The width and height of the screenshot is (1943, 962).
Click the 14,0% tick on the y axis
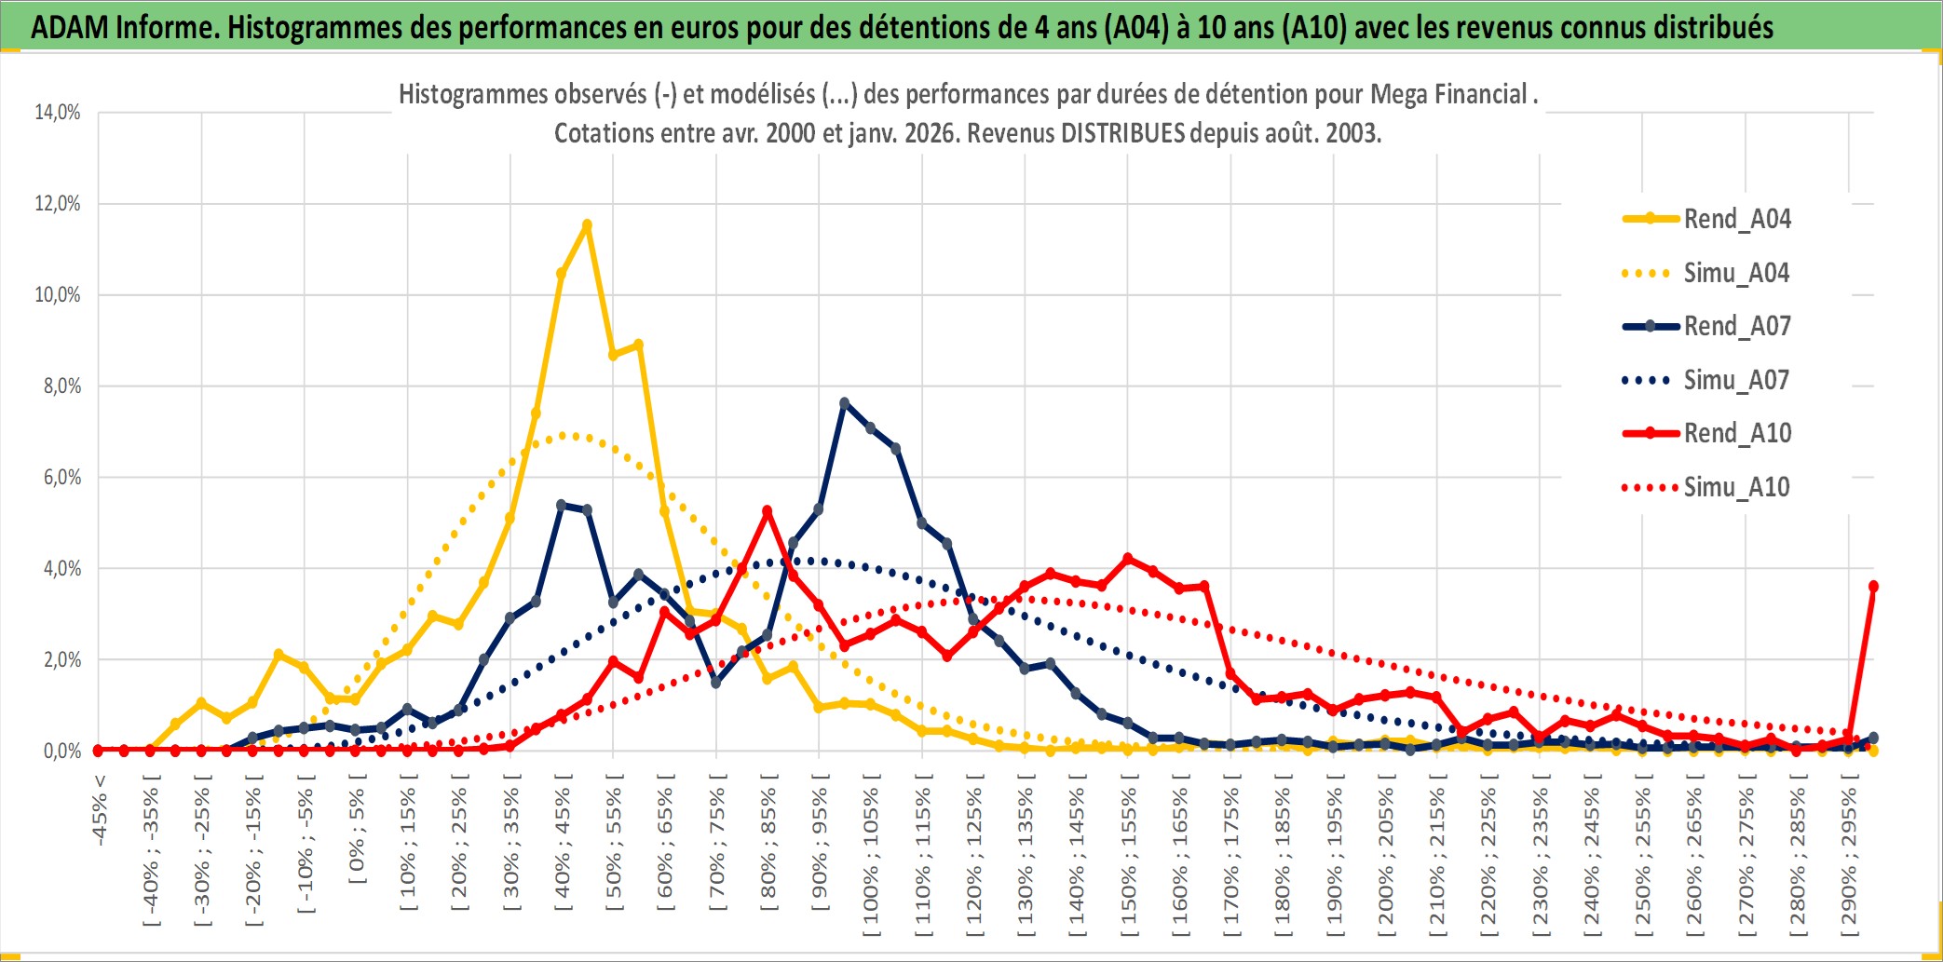tap(58, 113)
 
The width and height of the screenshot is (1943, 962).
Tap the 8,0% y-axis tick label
tap(61, 386)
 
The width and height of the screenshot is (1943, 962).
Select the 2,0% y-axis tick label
tap(61, 660)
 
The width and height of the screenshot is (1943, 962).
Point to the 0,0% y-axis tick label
tap(61, 751)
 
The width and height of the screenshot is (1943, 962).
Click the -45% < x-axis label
tap(100, 810)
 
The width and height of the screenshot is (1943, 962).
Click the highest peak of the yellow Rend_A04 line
tap(587, 224)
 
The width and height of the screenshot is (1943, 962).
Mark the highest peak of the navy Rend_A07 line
tap(844, 403)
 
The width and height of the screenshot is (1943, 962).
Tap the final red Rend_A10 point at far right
tap(1873, 587)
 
